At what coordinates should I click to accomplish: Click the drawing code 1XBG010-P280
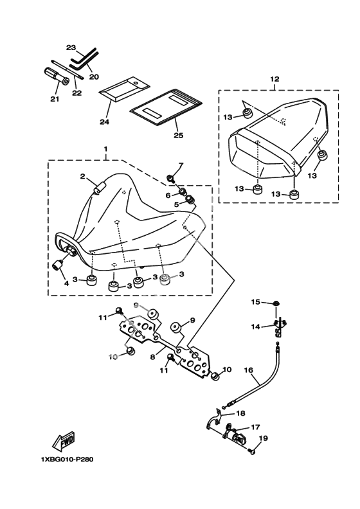[x=67, y=460]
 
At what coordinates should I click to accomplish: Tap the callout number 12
[x=274, y=79]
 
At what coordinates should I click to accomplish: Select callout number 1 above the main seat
[x=106, y=148]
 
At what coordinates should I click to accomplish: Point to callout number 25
[x=178, y=135]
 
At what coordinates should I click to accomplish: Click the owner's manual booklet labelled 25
[x=166, y=106]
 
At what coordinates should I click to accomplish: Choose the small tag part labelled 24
[x=124, y=89]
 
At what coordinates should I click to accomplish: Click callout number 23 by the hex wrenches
[x=71, y=48]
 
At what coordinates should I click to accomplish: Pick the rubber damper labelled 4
[x=57, y=265]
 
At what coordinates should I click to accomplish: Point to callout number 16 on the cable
[x=248, y=370]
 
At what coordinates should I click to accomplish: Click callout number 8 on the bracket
[x=153, y=357]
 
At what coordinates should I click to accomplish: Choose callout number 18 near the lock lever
[x=241, y=414]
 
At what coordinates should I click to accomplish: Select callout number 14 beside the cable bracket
[x=255, y=326]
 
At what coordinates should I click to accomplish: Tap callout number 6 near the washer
[x=168, y=195]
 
